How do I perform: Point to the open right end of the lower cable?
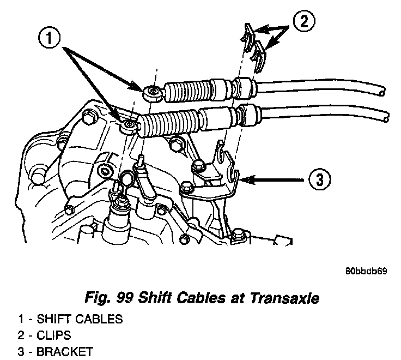[386, 117]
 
